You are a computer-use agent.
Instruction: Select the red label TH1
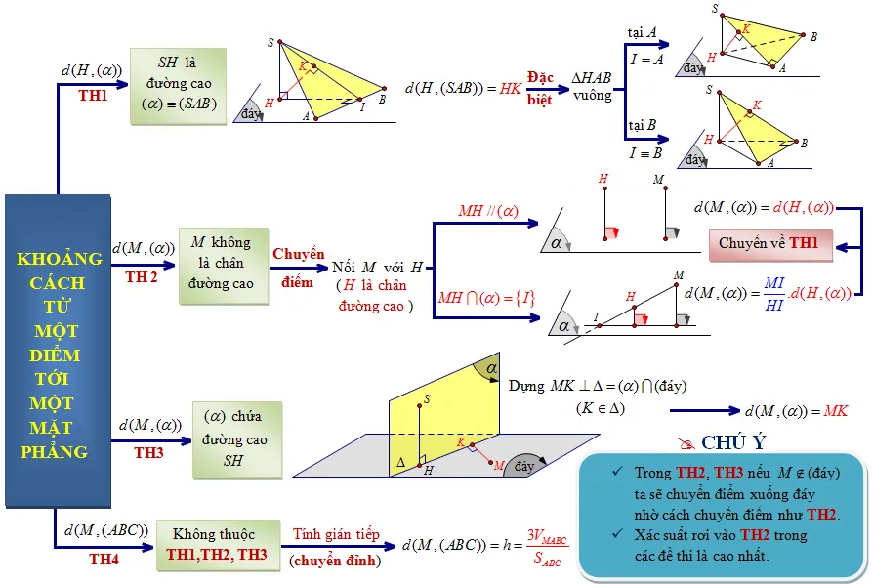(94, 96)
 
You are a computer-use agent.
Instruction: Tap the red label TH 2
(142, 276)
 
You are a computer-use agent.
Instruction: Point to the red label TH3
(149, 452)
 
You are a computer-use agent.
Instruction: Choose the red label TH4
(104, 559)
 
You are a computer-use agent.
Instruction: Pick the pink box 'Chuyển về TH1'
(769, 243)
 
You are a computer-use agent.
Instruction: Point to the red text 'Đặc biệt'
(540, 87)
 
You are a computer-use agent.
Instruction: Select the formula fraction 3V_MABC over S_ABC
(546, 546)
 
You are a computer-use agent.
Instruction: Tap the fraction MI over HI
(773, 293)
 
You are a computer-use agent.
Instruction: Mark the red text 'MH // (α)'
(487, 211)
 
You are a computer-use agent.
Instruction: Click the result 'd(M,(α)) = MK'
(796, 411)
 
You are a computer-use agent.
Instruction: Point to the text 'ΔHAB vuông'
(592, 87)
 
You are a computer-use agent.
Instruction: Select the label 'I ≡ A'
(645, 60)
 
